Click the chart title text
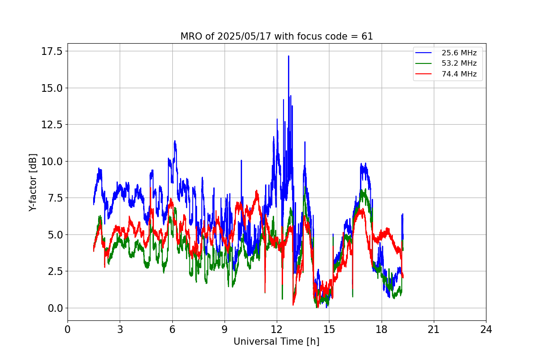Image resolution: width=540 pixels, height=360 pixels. click(277, 36)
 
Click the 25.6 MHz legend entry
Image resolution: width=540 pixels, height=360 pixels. click(459, 53)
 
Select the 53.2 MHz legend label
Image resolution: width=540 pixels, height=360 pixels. click(459, 63)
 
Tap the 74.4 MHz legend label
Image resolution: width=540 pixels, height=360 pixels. click(459, 74)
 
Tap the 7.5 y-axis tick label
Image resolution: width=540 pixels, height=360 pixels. click(56, 198)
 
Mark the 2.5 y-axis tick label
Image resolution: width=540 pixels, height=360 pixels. click(56, 271)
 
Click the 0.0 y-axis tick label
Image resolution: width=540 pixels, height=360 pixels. click(56, 308)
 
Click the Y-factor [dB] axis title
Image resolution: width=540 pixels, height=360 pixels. click(32, 182)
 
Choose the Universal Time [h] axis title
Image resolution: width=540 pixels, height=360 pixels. click(276, 342)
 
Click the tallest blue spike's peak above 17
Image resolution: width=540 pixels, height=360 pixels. click(288, 56)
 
